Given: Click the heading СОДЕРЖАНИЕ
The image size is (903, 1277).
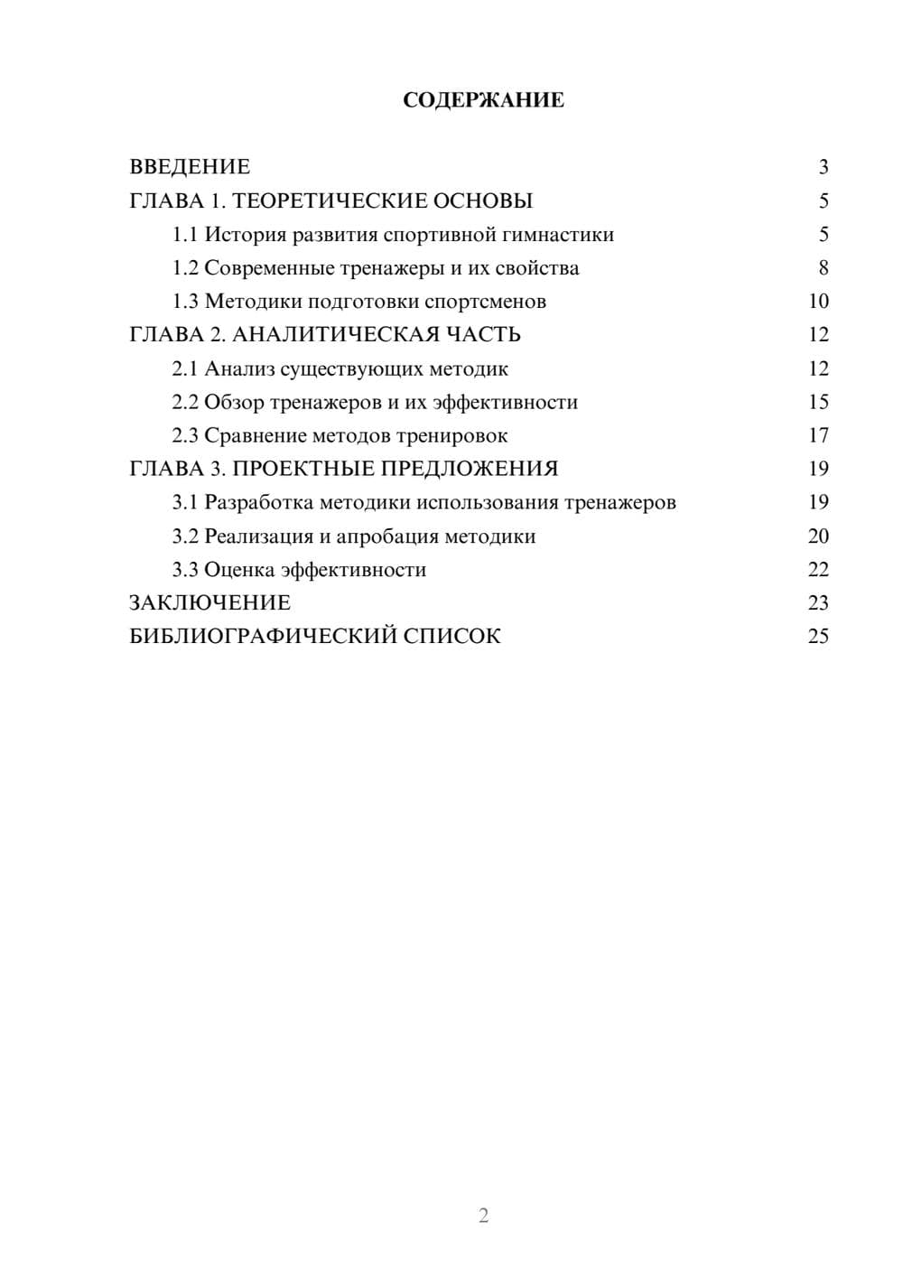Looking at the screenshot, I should pyautogui.click(x=483, y=100).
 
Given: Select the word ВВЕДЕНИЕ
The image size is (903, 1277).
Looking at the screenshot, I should pyautogui.click(x=190, y=167).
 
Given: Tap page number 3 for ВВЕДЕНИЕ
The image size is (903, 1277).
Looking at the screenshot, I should pyautogui.click(x=823, y=167).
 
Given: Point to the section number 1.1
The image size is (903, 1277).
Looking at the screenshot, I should pyautogui.click(x=184, y=235).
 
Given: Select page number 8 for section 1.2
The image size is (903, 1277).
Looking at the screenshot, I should pyautogui.click(x=823, y=268).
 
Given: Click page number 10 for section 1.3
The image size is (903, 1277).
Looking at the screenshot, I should pyautogui.click(x=818, y=302).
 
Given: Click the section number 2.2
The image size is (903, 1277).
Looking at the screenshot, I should pyautogui.click(x=184, y=403).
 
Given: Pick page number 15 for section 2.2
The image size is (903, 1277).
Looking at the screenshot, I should pyautogui.click(x=818, y=403).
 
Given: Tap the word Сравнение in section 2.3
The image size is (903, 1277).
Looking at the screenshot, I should pyautogui.click(x=255, y=436).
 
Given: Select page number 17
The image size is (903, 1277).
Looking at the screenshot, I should pyautogui.click(x=818, y=436).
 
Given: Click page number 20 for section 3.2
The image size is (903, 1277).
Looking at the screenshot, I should pyautogui.click(x=818, y=536).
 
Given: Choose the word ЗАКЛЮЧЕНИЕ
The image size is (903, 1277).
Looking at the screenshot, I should pyautogui.click(x=209, y=603).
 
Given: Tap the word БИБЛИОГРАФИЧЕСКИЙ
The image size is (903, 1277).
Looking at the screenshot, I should pyautogui.click(x=263, y=637).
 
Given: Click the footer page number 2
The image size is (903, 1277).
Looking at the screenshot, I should pyautogui.click(x=483, y=1216).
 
